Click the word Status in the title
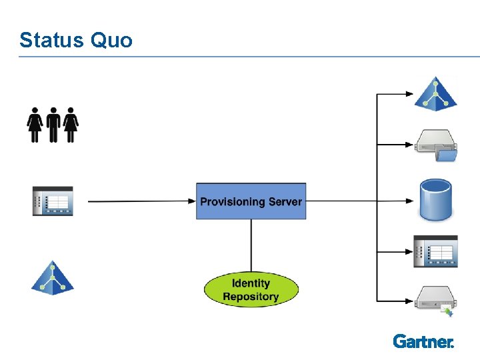(50, 40)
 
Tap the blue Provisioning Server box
(251, 201)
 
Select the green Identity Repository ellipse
(251, 289)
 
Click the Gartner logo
(423, 341)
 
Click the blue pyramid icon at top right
(436, 93)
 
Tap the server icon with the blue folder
(436, 145)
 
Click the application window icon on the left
(53, 201)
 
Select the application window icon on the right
(435, 251)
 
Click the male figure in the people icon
(53, 125)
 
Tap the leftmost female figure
(35, 125)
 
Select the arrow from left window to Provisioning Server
(140, 201)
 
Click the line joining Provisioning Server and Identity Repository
(251, 243)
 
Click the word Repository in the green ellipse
(251, 297)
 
